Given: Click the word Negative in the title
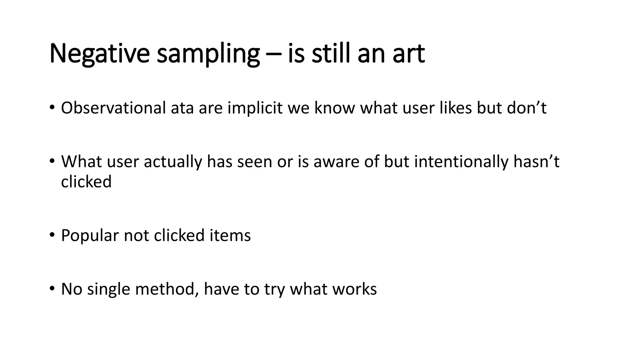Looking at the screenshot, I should [x=99, y=54].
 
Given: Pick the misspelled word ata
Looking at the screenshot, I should [x=182, y=108].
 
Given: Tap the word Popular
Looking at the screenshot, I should [x=90, y=236].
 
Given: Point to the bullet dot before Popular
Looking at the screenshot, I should [x=52, y=235].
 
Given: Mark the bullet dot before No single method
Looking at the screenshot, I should [x=52, y=288].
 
